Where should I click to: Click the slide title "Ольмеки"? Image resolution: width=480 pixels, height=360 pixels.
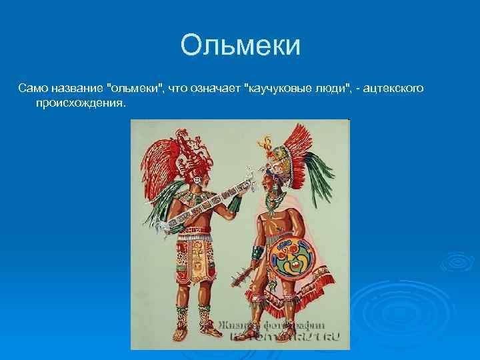(x=240, y=46)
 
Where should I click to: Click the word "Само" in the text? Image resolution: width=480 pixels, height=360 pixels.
(x=31, y=88)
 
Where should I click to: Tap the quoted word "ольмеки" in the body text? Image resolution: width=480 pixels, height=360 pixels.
(x=135, y=88)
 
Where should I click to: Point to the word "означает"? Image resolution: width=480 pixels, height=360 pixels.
(x=215, y=88)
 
